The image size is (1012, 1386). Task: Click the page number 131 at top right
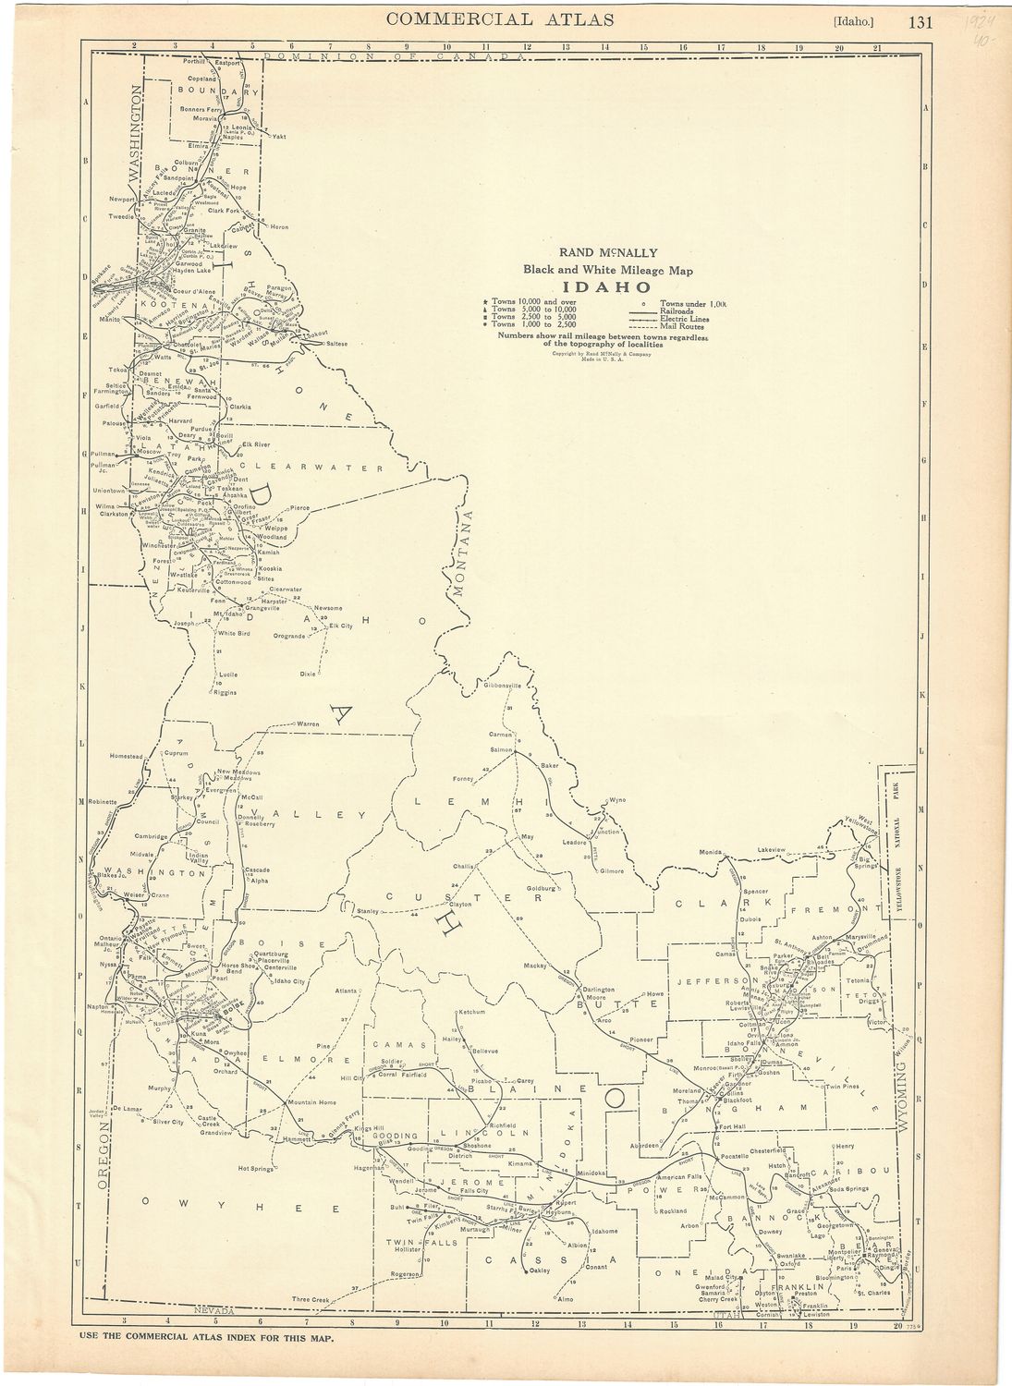pyautogui.click(x=921, y=22)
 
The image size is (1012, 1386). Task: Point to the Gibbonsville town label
pyautogui.click(x=503, y=686)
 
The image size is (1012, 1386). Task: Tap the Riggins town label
pyautogui.click(x=225, y=692)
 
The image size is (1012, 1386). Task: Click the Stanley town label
pyautogui.click(x=368, y=911)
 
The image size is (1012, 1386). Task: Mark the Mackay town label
pyautogui.click(x=536, y=965)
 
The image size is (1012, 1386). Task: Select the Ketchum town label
pyautogui.click(x=472, y=1012)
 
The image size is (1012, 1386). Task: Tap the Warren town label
pyautogui.click(x=308, y=723)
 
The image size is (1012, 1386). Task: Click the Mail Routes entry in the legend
pyautogui.click(x=684, y=326)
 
